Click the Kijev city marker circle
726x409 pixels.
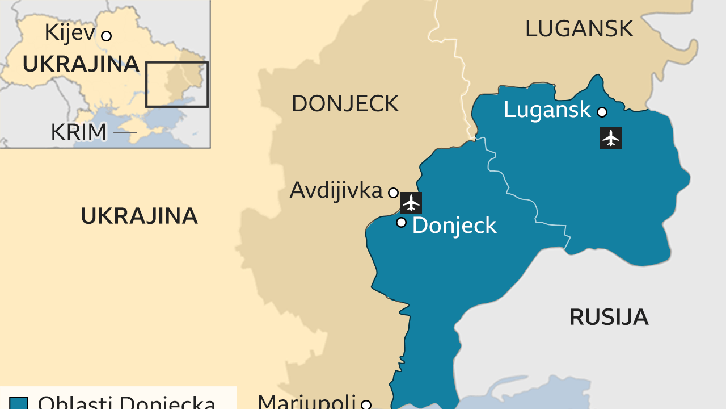[x=106, y=36]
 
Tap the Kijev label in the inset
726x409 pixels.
[x=69, y=33]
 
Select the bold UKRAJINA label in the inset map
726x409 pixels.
[x=81, y=64]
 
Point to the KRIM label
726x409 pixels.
[x=78, y=132]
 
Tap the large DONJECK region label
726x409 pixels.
[x=345, y=104]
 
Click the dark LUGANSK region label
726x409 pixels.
[x=579, y=28]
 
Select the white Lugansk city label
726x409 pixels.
[x=547, y=110]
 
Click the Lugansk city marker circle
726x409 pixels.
[x=602, y=112]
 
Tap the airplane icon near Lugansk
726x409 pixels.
[x=610, y=138]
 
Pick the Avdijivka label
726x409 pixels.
[x=336, y=190]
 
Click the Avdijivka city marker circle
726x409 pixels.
[x=393, y=193]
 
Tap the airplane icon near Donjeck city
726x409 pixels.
[x=411, y=203]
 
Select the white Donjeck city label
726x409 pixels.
[x=454, y=226]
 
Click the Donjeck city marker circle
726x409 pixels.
[x=401, y=222]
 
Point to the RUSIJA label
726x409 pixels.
[x=609, y=317]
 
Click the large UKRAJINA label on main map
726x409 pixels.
[x=139, y=216]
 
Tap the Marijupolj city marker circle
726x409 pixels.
[x=366, y=405]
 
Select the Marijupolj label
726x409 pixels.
[x=306, y=402]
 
